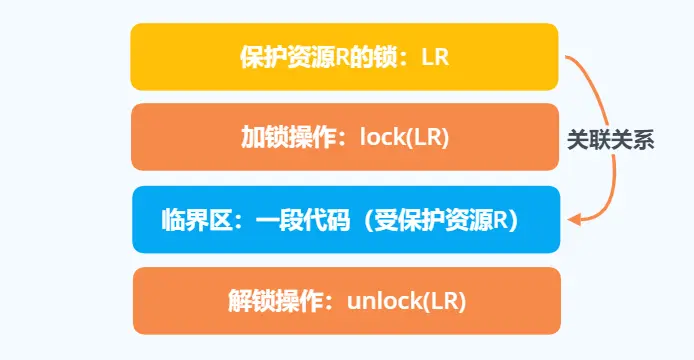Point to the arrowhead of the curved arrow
572,218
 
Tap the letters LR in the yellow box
435,57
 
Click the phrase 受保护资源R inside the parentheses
437,220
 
